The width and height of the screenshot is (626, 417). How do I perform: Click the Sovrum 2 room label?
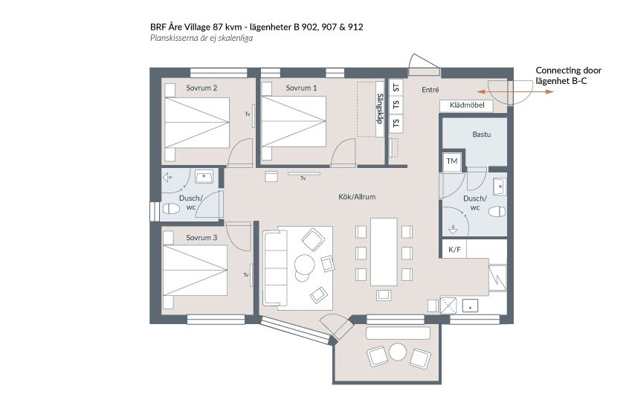(x=201, y=88)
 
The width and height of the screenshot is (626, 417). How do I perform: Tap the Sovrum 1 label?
(x=301, y=88)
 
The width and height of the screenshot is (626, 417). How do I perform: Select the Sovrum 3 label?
(x=201, y=238)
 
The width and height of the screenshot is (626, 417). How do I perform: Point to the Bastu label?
(x=482, y=135)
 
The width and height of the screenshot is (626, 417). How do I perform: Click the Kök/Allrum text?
(x=357, y=197)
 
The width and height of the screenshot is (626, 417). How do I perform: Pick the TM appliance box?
(x=452, y=161)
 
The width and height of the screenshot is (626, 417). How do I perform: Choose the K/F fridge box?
(x=454, y=250)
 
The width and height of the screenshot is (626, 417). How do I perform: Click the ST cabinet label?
(x=396, y=88)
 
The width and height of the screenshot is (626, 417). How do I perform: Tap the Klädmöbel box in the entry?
(x=466, y=106)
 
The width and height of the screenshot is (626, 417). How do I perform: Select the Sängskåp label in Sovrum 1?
(x=380, y=109)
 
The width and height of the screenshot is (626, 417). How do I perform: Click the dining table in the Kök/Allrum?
(x=384, y=252)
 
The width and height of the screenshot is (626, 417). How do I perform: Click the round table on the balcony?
(x=398, y=352)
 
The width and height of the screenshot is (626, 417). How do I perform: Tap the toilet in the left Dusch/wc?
(x=171, y=208)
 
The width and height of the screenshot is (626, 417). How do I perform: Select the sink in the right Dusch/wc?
(x=500, y=187)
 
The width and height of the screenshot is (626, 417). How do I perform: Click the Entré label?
(x=430, y=90)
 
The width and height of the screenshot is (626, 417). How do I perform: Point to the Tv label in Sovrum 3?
(x=246, y=275)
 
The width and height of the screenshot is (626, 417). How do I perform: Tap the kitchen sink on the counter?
(x=471, y=306)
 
